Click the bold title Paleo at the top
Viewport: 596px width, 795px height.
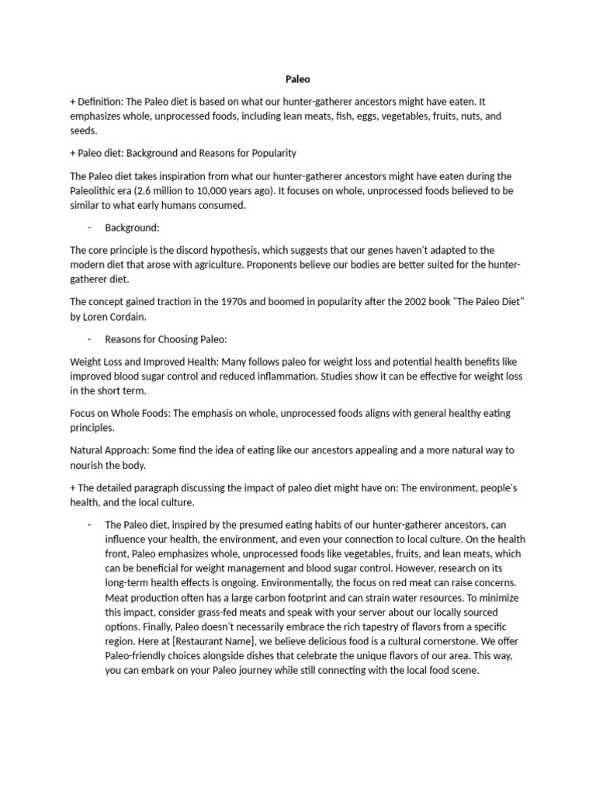point(298,78)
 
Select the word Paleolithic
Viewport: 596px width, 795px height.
point(97,191)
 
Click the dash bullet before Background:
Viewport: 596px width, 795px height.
point(90,227)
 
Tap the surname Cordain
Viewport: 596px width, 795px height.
point(133,316)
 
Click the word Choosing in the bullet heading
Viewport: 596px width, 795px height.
point(176,338)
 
